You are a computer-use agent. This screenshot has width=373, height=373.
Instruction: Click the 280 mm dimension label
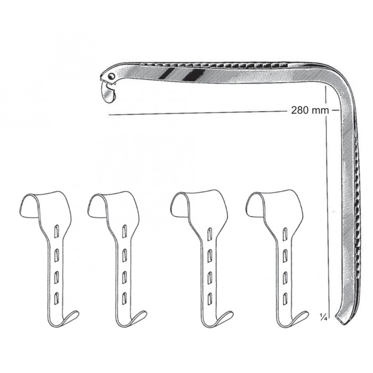(x=310, y=110)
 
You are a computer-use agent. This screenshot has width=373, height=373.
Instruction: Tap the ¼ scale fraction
(x=323, y=317)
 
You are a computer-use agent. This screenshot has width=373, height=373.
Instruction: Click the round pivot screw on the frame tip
(x=111, y=76)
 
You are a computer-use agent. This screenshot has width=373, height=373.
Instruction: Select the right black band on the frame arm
(x=193, y=74)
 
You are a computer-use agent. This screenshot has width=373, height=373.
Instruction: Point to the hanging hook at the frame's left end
(x=109, y=92)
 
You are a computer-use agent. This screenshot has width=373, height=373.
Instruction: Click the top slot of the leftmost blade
(x=56, y=231)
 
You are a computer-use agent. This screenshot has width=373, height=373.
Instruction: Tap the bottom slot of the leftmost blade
(x=56, y=298)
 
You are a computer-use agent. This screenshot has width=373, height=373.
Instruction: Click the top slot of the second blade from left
(x=124, y=231)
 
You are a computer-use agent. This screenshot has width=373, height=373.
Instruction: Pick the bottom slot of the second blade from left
(x=124, y=298)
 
